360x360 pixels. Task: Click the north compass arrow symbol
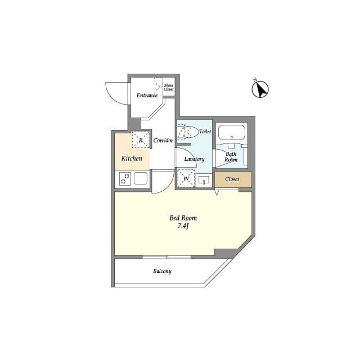point(260,88)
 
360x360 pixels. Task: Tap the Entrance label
point(147,95)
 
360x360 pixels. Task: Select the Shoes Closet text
point(169,88)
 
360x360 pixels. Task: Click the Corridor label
point(163,140)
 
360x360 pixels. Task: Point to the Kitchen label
point(132,159)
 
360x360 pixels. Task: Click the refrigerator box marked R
point(141,140)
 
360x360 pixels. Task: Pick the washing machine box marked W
point(186,179)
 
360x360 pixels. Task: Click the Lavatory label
point(194,159)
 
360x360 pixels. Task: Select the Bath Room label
point(231,156)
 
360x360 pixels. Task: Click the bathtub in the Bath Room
point(231,133)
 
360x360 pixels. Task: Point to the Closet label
point(232,179)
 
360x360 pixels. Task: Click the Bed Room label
point(183,218)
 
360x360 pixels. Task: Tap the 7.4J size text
point(183,227)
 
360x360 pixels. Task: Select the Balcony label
point(162,271)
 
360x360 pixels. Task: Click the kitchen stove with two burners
point(125,179)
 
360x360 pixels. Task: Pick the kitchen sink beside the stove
point(141,179)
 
